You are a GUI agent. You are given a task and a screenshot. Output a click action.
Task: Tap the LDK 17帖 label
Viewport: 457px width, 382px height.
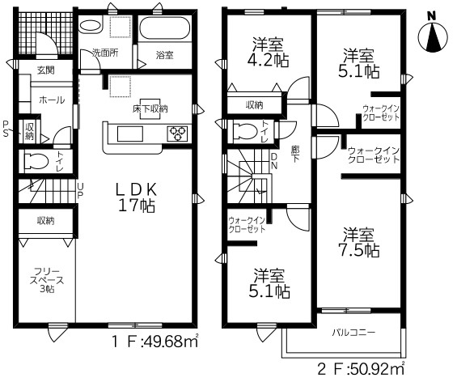click(x=137, y=197)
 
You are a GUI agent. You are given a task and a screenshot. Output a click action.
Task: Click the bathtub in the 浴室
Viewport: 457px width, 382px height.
click(x=165, y=27)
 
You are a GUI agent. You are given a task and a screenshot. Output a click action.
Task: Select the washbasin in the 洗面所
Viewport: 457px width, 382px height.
click(x=91, y=26)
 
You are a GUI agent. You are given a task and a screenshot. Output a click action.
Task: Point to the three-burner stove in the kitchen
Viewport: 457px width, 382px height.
click(x=177, y=134)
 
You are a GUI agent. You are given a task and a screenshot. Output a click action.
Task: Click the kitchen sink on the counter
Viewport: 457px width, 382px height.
click(x=130, y=134)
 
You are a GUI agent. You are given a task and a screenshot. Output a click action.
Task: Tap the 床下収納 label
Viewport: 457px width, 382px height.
click(x=150, y=109)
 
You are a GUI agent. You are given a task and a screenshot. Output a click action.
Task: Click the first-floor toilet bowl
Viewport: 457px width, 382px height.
click(x=36, y=161)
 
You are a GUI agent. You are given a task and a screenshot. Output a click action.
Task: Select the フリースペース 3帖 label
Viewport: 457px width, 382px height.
click(x=48, y=280)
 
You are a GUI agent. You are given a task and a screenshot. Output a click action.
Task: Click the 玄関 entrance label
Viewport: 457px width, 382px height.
click(x=46, y=70)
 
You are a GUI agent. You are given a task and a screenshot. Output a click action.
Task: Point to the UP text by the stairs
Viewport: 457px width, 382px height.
click(x=80, y=190)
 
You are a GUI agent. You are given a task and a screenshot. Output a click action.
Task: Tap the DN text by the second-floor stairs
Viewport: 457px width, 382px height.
click(x=274, y=161)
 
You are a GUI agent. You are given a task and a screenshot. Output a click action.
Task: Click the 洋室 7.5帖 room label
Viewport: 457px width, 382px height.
click(x=359, y=243)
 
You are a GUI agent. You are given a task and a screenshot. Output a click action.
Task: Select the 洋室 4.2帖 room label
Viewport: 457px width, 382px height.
click(x=269, y=53)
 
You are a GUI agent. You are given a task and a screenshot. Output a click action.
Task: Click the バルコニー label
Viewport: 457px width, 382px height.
click(x=353, y=333)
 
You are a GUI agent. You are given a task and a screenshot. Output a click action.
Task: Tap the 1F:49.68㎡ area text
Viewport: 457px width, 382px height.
click(x=155, y=342)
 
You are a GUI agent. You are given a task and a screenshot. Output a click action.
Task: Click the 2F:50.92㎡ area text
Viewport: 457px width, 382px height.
click(x=361, y=369)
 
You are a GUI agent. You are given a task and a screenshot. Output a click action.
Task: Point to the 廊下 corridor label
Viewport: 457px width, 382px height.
click(x=295, y=154)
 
